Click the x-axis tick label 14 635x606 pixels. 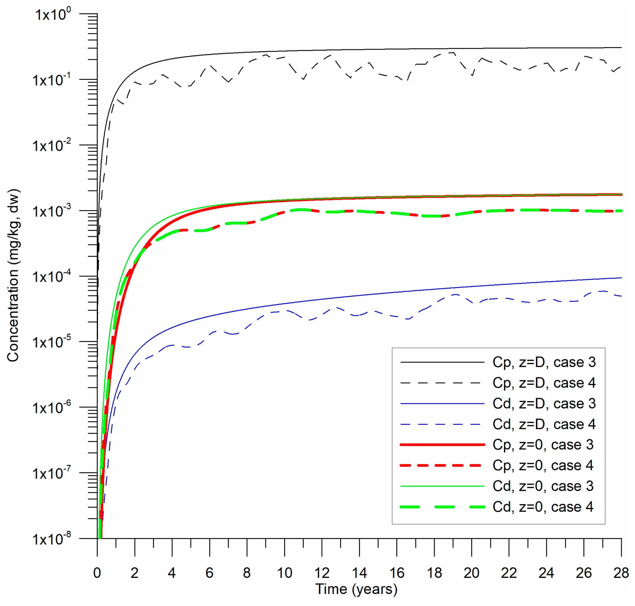point(359,573)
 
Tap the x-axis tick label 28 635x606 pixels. point(621,573)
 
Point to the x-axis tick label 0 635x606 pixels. point(97,573)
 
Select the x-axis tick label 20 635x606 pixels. point(471,573)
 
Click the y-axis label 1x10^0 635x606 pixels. point(53,14)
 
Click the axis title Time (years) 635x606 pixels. point(356,589)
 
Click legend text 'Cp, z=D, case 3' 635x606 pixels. point(544,362)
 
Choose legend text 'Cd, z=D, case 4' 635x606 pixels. point(544,424)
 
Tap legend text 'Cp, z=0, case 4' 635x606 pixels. point(543,466)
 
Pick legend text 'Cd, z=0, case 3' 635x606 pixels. point(543,486)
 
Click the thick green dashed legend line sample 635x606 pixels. point(442,507)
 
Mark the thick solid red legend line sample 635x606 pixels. point(442,445)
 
